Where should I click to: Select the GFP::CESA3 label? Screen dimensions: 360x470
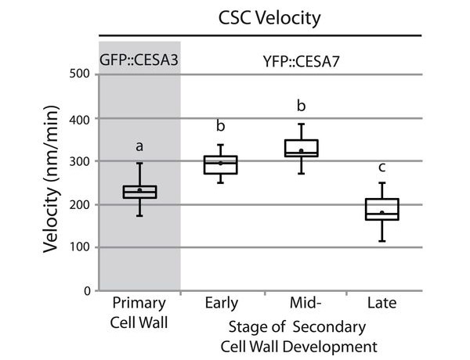pos(139,59)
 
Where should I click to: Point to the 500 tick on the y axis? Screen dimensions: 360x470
pos(79,75)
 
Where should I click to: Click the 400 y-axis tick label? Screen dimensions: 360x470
pos(79,118)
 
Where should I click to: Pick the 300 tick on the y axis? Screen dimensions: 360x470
pos(79,161)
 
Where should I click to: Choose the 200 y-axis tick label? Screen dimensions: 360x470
pos(79,204)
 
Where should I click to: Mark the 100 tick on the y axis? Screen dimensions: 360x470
pos(79,248)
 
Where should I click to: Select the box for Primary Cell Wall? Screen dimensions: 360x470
pos(139,192)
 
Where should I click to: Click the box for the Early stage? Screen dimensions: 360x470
pos(220,164)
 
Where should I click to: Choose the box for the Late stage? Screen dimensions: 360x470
pos(381,210)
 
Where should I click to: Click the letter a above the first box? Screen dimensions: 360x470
pos(139,146)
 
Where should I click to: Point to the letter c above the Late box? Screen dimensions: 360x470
pos(381,166)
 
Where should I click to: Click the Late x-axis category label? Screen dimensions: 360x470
pos(381,304)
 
